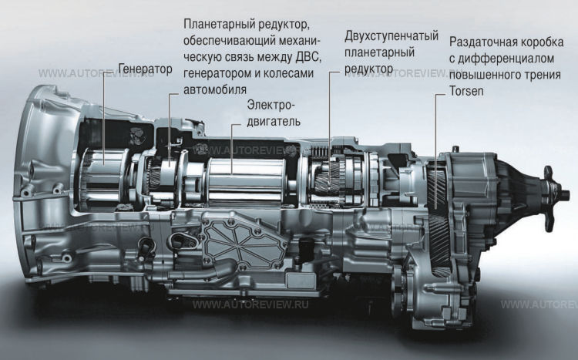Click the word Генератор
[x=145, y=69]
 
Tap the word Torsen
[x=466, y=91]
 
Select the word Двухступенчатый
[x=391, y=36]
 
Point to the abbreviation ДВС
[x=308, y=58]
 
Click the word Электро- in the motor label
[x=271, y=105]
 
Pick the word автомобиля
[x=215, y=90]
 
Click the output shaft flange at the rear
[x=550, y=193]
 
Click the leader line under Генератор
[x=104, y=117]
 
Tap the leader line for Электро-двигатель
[x=232, y=149]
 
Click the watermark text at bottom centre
[x=250, y=304]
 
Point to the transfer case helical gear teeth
[x=438, y=221]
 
